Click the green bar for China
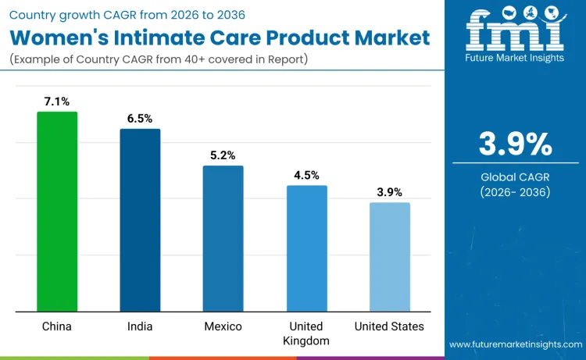tap(57, 212)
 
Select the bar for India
tap(140, 220)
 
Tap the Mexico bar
tap(223, 239)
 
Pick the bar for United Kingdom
tap(306, 248)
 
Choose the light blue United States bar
tap(389, 257)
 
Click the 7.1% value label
tap(57, 102)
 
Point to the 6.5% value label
tap(140, 119)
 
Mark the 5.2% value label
tap(223, 155)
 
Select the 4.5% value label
tap(306, 175)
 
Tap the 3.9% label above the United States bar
tap(389, 192)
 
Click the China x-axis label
tap(57, 326)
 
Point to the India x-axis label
tap(140, 326)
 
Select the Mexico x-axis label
tap(223, 326)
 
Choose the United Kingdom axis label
tap(306, 333)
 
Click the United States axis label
tap(389, 326)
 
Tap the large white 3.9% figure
tap(515, 144)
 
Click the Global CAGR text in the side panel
tap(515, 177)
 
